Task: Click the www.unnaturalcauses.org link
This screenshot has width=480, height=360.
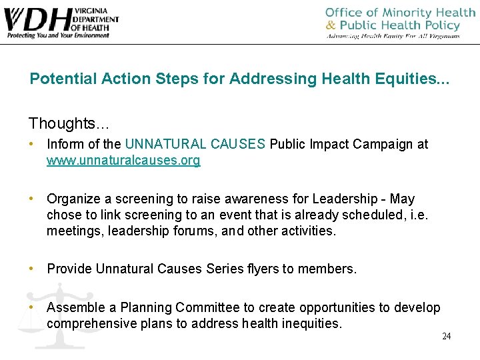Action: (x=123, y=161)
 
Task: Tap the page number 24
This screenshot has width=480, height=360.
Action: (x=446, y=336)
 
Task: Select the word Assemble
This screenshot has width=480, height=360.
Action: (x=75, y=307)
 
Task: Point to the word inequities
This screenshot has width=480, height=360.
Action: (x=309, y=324)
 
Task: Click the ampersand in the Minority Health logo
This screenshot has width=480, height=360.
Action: (x=331, y=25)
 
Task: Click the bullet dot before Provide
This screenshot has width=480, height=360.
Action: (x=31, y=269)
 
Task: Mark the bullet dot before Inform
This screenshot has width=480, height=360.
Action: (x=31, y=144)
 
